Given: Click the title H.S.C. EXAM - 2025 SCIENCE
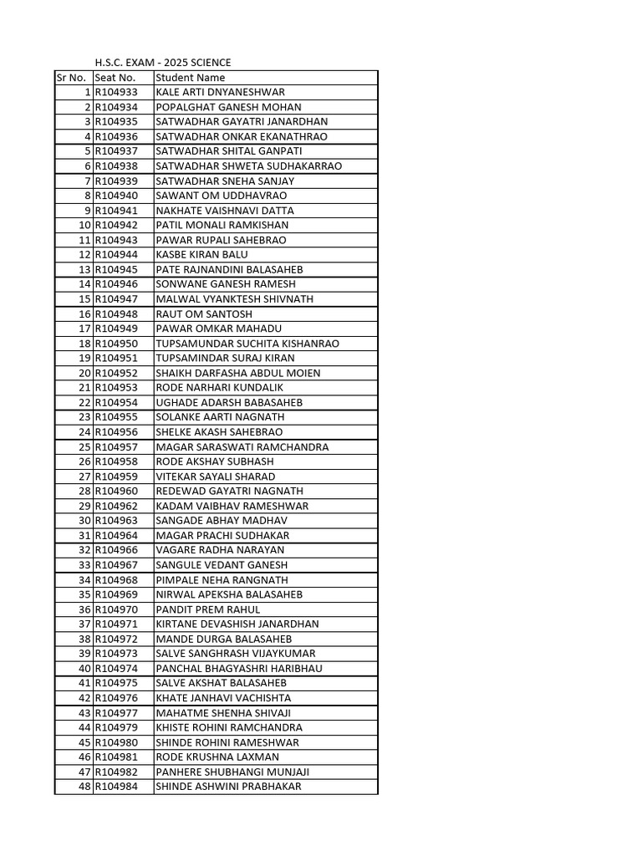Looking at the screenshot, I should point(162,63).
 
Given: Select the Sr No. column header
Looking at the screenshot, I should point(71,78).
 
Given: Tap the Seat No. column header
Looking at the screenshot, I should point(115,78).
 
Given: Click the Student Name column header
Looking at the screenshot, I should point(191,78).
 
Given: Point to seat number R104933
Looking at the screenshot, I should point(116,92).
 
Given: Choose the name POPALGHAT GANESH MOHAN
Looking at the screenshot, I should point(228,107).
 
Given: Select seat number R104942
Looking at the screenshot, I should point(116,225).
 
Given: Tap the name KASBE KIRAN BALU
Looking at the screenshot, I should point(201,255).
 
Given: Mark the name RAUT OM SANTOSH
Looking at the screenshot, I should point(204,313).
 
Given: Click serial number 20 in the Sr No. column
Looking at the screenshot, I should point(84,373).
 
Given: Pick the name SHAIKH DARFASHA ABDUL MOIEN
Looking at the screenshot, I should point(237,373).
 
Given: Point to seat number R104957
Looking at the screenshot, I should point(116,447).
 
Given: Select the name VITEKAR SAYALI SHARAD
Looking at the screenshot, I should point(216,476).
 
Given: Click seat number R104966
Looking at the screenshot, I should point(116,550).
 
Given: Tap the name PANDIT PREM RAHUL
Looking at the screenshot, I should point(208,609).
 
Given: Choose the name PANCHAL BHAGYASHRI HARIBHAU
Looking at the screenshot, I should point(239,669).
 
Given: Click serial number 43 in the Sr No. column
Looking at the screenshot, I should point(84,713).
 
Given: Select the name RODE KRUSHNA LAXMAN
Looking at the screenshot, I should point(217,757).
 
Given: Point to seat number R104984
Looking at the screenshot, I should point(116,787).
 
